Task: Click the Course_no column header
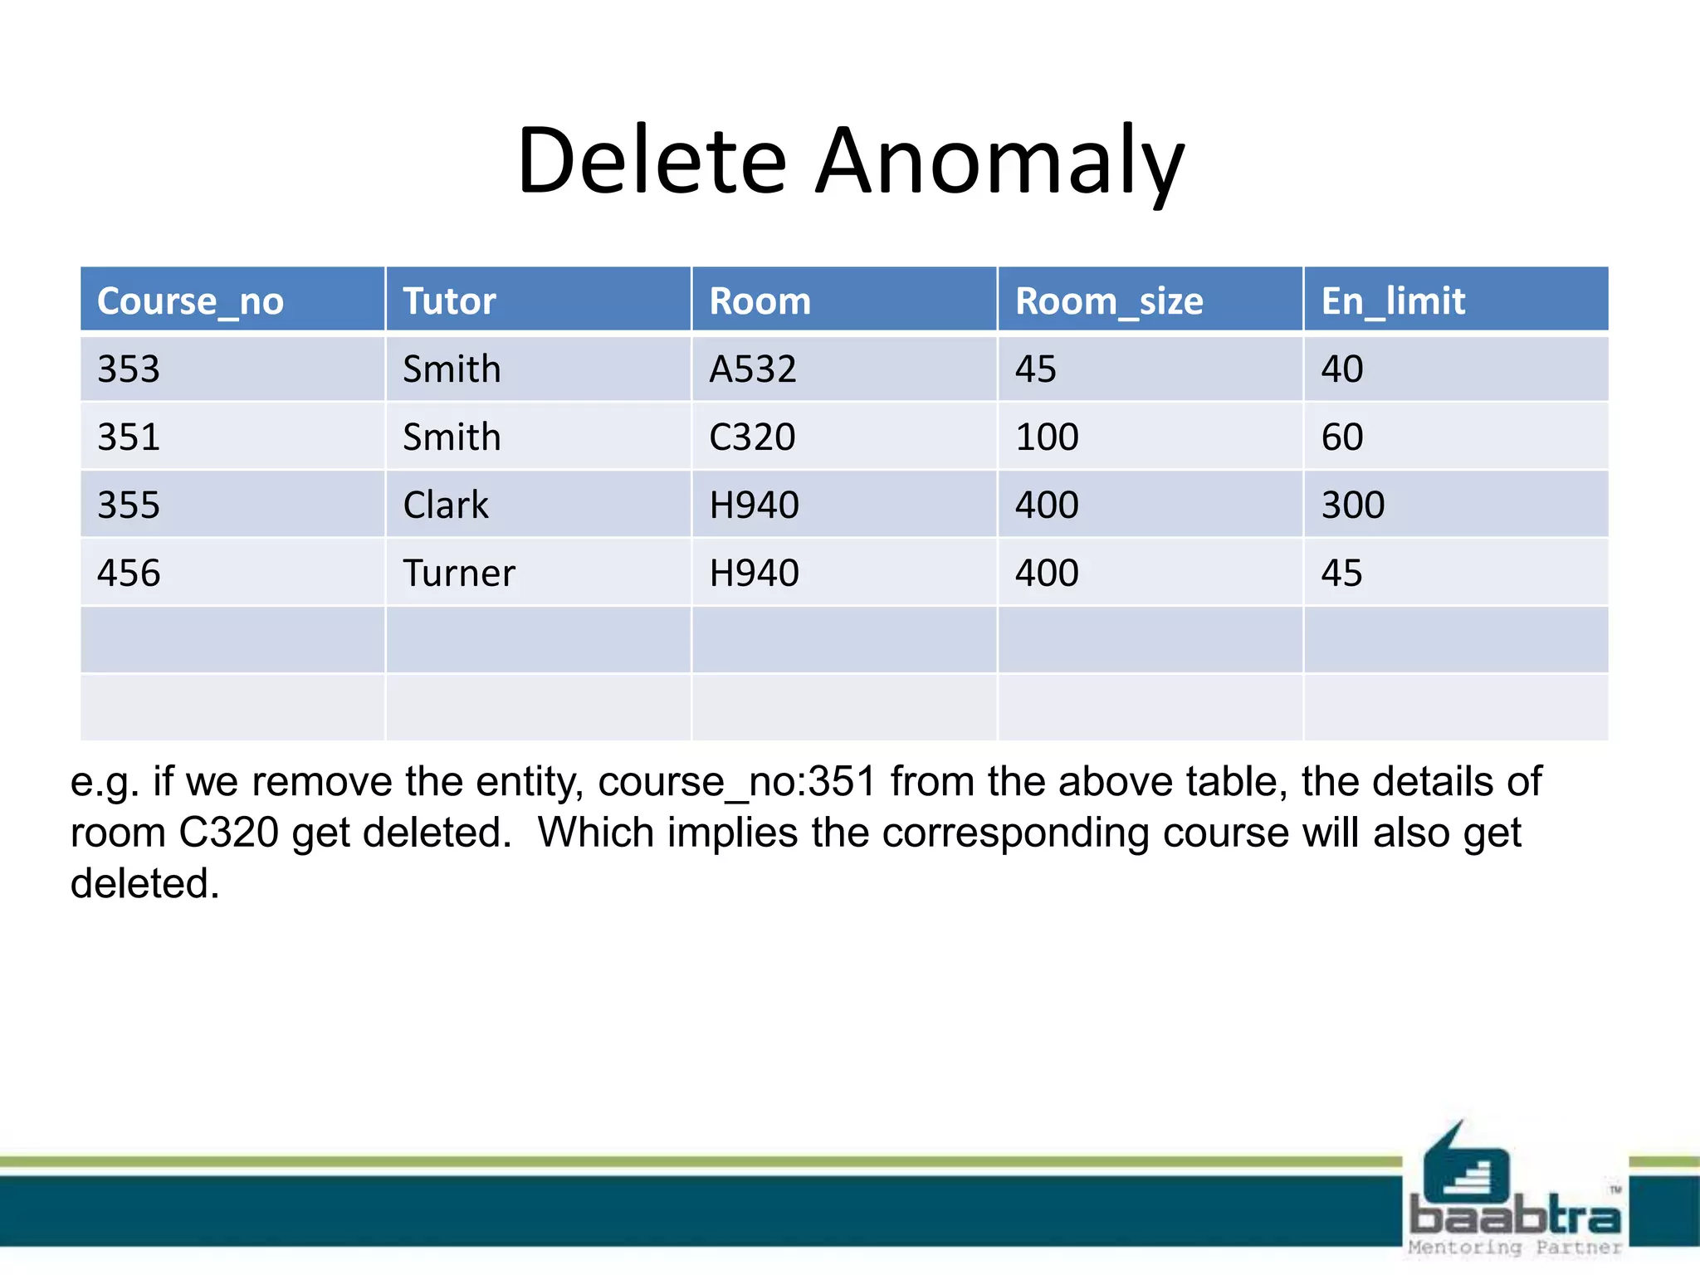coord(190,300)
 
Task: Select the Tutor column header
coord(449,300)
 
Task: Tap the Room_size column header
coord(1109,300)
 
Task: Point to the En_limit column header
coord(1393,300)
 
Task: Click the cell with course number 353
coord(129,369)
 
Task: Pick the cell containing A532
coord(753,369)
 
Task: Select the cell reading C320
coord(752,437)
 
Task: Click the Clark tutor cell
coord(446,505)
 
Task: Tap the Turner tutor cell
coord(459,573)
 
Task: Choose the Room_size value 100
coord(1047,437)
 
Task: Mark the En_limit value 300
coord(1353,505)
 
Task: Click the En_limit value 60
coord(1342,437)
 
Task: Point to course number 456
coord(129,573)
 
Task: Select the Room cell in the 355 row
coord(754,505)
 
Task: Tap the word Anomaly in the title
coord(999,162)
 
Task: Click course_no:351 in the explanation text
coord(736,782)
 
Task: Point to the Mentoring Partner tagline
coord(1514,1247)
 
